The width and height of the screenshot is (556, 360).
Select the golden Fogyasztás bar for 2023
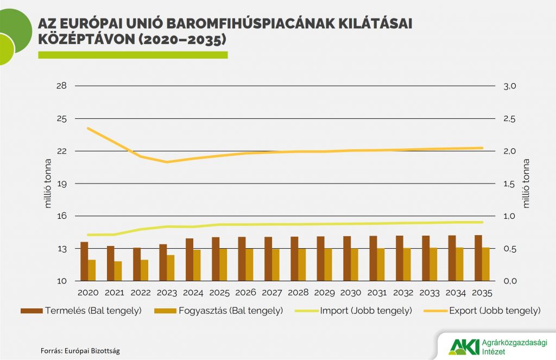coord(170,268)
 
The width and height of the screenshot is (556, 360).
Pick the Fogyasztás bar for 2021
coord(118,271)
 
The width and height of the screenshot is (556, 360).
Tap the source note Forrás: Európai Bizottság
coord(80,350)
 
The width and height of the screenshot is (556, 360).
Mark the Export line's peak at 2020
coord(89,128)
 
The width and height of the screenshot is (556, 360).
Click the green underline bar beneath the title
coord(132,55)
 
